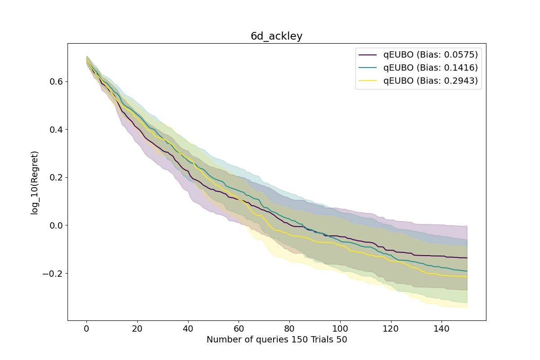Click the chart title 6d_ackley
[276, 36]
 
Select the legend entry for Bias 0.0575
[430, 55]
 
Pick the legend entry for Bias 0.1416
[430, 68]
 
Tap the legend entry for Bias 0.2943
[430, 81]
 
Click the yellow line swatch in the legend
[368, 81]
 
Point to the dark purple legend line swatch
[368, 55]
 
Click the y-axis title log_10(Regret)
[35, 182]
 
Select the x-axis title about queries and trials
[276, 340]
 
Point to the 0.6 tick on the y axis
[57, 81]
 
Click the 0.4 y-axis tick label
[57, 130]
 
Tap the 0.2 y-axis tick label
[57, 177]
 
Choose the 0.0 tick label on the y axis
[57, 225]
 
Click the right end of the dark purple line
[467, 258]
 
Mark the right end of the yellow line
[467, 277]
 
